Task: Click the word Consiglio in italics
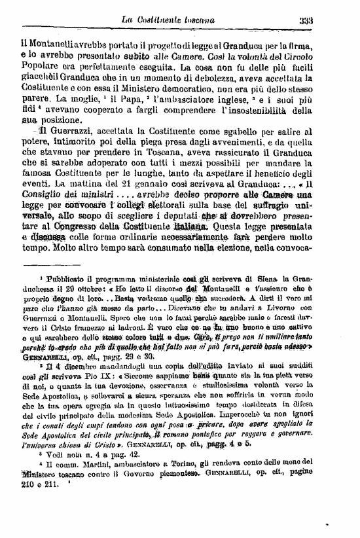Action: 46,196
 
